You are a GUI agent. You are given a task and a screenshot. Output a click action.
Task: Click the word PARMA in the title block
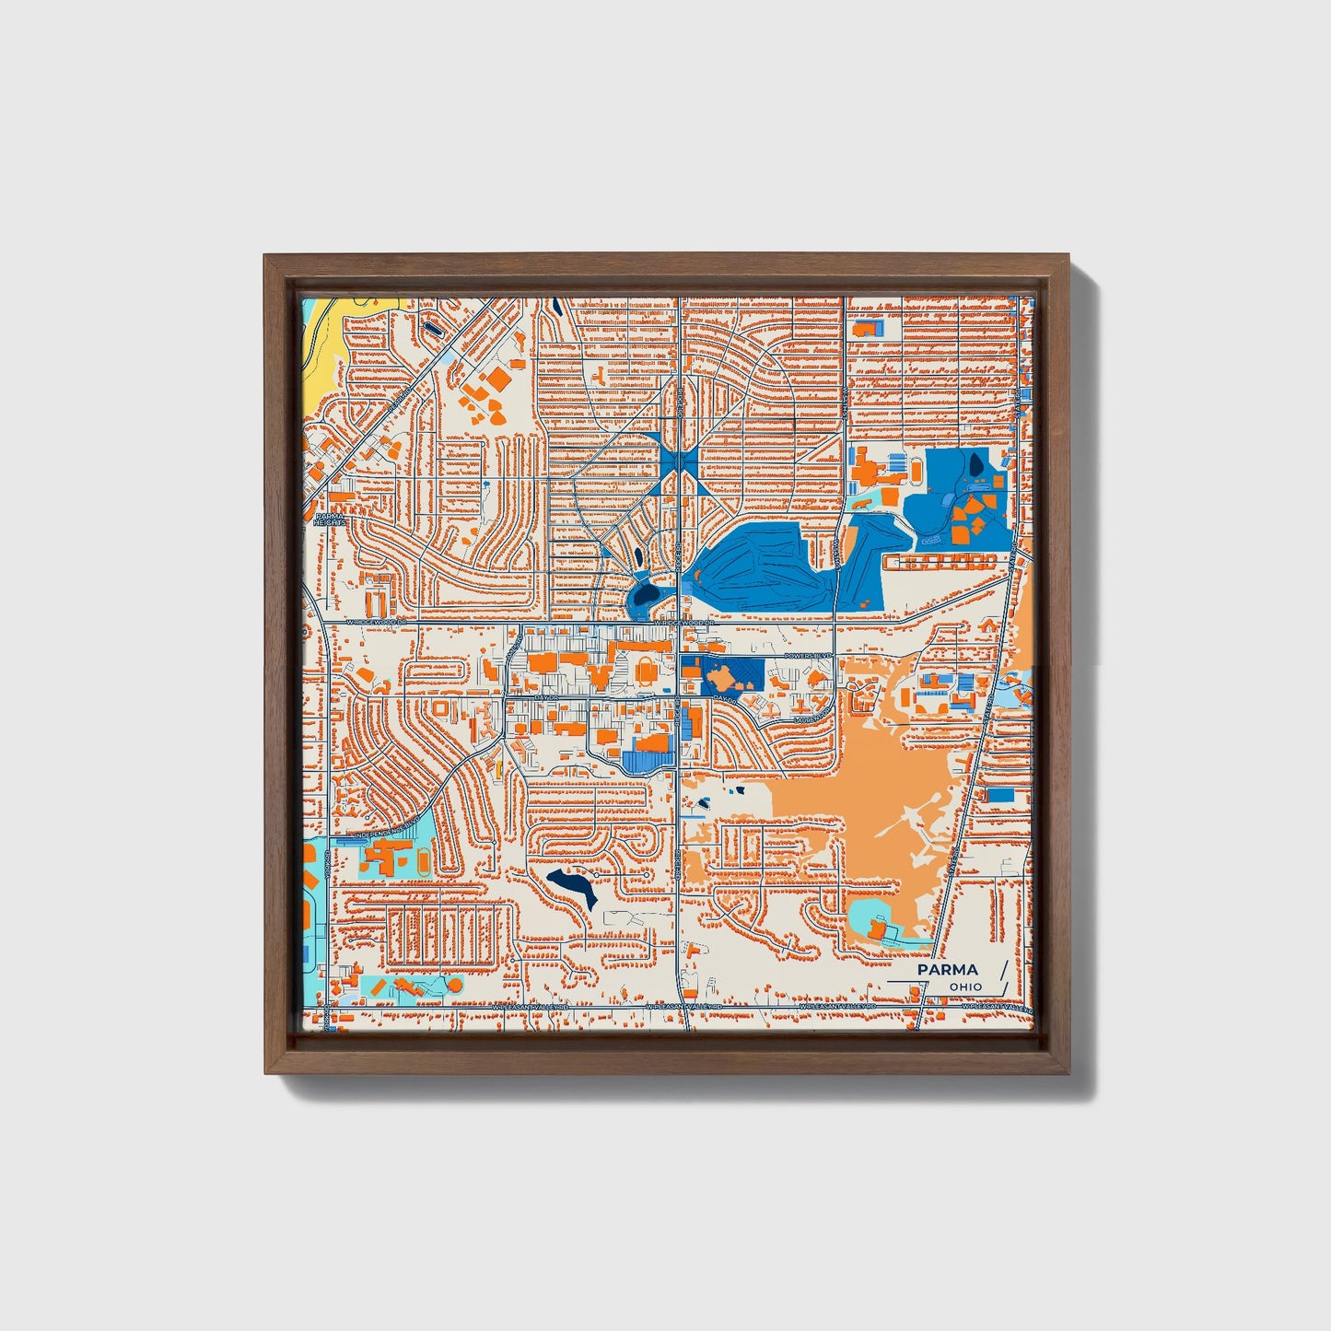[947, 970]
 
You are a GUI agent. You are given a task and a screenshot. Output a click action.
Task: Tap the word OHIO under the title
[966, 987]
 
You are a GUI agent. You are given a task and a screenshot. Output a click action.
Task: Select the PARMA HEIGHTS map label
[329, 520]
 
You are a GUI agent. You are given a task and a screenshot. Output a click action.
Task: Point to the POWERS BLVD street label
[807, 656]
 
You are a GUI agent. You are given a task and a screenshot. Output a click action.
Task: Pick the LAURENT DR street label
[809, 717]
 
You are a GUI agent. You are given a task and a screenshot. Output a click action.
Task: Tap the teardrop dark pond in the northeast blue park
[975, 464]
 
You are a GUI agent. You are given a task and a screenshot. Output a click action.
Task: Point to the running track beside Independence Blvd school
[422, 862]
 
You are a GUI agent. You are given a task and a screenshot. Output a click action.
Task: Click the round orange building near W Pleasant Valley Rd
[453, 986]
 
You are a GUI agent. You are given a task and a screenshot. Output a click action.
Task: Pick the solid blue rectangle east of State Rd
[1000, 794]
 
